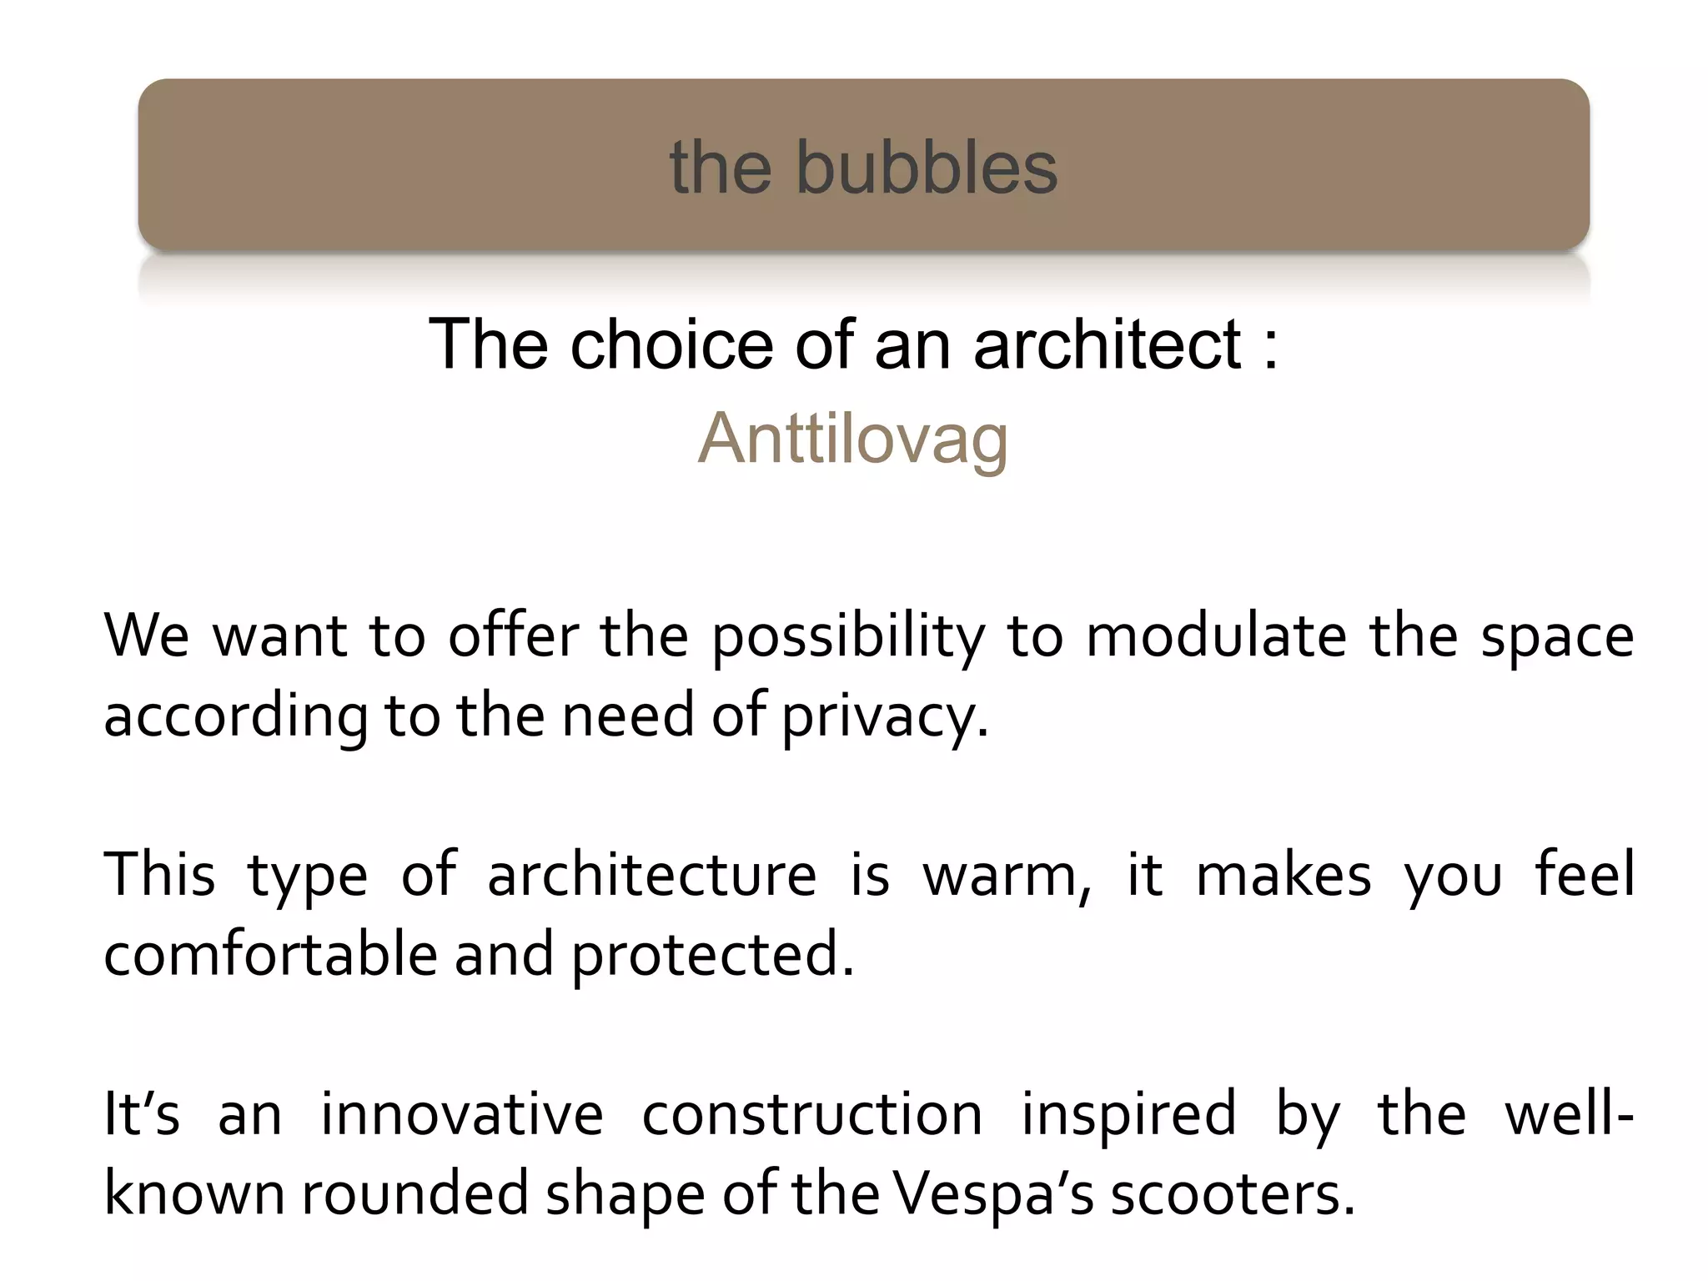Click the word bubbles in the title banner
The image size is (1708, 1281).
tap(927, 168)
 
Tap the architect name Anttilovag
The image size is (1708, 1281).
tap(853, 439)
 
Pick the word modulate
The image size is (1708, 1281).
tap(1216, 636)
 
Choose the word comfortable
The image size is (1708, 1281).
tap(270, 954)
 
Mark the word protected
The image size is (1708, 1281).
tap(712, 956)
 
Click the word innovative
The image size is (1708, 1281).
tap(462, 1114)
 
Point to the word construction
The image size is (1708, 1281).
tap(812, 1114)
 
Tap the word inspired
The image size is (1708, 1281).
tap(1128, 1116)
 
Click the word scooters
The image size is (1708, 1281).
tap(1232, 1194)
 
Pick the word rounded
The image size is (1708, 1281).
tap(414, 1194)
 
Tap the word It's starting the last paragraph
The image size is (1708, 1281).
tap(141, 1114)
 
